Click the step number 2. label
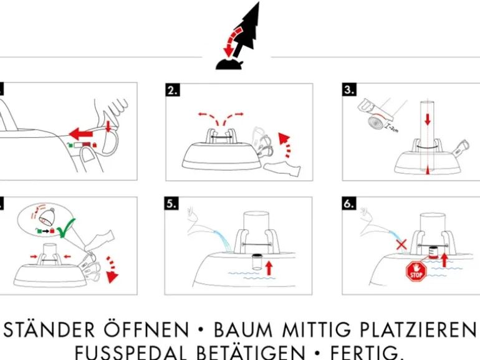click(173, 90)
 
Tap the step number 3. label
click(349, 89)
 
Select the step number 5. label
click(171, 204)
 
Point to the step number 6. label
click(349, 204)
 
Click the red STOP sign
click(416, 272)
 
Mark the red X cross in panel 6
click(401, 245)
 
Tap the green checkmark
click(67, 228)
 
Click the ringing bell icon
click(46, 216)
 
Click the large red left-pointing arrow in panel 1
click(81, 134)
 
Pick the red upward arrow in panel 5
click(269, 268)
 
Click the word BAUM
click(242, 330)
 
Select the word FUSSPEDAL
click(131, 353)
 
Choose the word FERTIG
click(367, 353)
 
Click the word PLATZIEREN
click(418, 330)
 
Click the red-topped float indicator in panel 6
click(433, 252)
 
